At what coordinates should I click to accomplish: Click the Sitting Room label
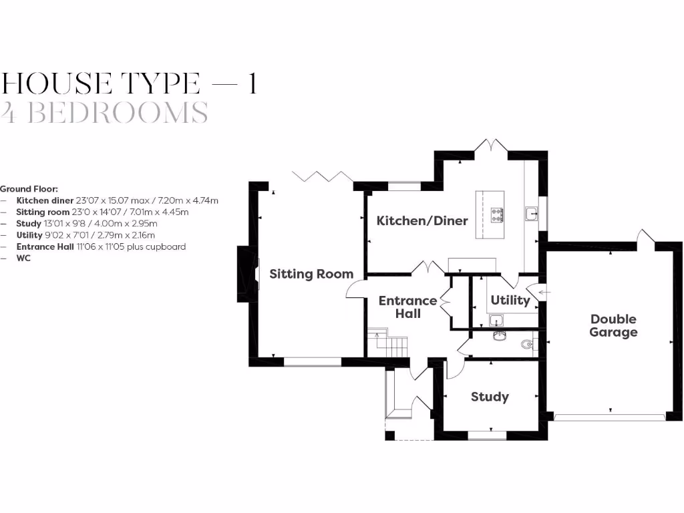(x=311, y=274)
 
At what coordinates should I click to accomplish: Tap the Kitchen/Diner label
(x=422, y=220)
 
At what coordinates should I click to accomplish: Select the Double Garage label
(x=613, y=325)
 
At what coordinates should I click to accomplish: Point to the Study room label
(x=490, y=397)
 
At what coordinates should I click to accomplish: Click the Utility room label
(x=510, y=300)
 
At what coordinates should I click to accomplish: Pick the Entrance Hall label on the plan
(x=407, y=307)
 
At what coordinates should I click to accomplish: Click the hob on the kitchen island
(x=498, y=214)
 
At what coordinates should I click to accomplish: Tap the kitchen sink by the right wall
(x=532, y=214)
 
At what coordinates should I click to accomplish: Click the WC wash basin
(x=498, y=334)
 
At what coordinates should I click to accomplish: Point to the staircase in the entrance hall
(x=391, y=343)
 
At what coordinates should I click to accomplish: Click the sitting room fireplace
(x=248, y=274)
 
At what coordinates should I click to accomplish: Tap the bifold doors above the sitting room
(x=323, y=176)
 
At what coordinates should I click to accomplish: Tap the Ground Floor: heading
(x=29, y=189)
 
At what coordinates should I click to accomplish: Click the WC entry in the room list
(x=23, y=257)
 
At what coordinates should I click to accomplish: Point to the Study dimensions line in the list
(x=87, y=223)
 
